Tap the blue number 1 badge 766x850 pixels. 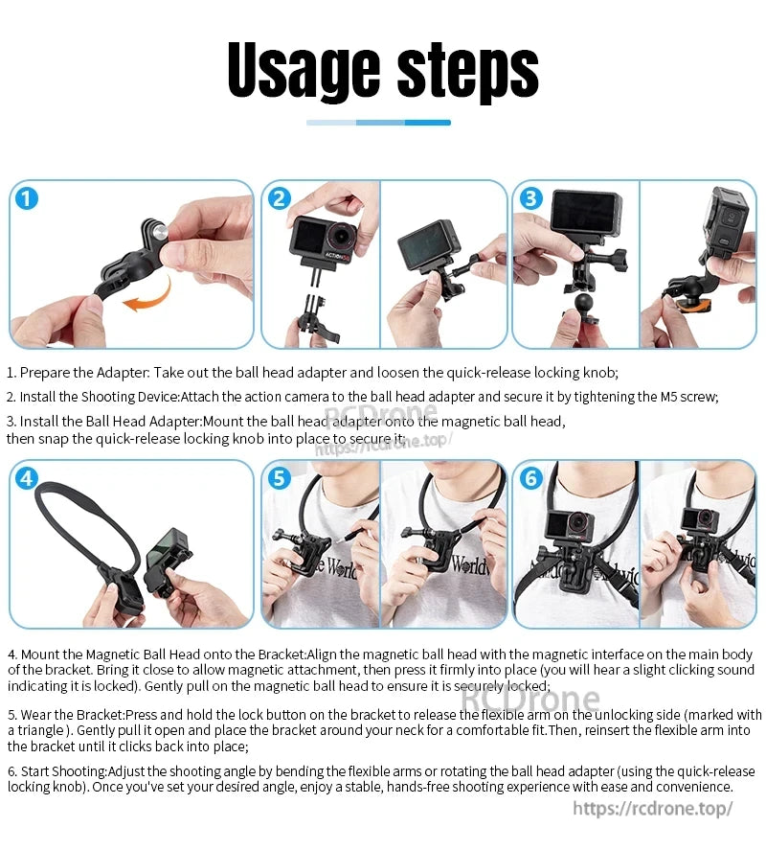28,198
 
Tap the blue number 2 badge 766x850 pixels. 279,198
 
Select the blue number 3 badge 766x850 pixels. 531,198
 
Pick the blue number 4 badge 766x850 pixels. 28,478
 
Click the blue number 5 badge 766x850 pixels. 279,478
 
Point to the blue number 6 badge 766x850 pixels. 531,478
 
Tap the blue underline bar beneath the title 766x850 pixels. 378,123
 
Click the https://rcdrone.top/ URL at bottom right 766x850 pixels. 653,808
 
